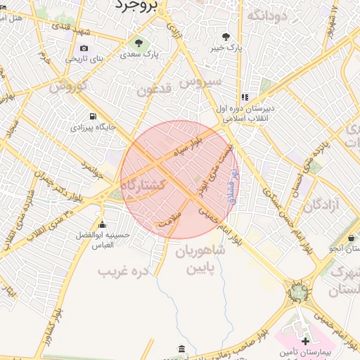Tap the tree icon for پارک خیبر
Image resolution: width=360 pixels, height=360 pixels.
225,36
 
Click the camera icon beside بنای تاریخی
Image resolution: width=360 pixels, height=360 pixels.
84,48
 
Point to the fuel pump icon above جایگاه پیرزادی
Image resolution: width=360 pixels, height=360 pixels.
92,116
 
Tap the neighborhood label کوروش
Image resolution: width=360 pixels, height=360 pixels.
68,86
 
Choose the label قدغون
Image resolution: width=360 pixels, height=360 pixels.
155,90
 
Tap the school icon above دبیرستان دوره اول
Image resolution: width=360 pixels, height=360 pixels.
244,98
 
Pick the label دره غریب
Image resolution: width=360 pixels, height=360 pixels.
124,270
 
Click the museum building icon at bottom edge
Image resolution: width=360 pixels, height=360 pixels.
182,349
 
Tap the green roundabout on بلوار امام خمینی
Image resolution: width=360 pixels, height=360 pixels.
299,290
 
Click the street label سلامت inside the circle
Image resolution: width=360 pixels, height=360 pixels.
170,219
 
